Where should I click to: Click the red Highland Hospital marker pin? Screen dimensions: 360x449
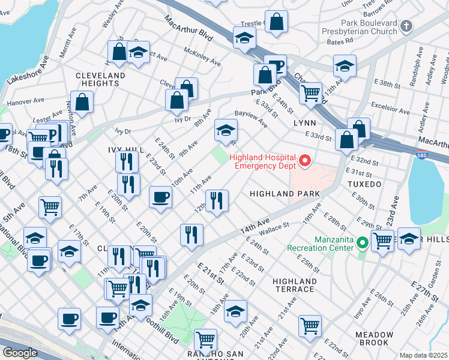coord(305,160)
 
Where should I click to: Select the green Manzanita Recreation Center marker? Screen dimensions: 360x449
coord(361,243)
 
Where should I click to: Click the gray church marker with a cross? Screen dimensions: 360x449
coord(406,26)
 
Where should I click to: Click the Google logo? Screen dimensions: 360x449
coord(20,353)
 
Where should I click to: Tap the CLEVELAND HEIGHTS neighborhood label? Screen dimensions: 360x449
coord(101,79)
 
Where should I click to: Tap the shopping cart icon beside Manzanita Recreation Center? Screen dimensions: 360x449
coord(382,241)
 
